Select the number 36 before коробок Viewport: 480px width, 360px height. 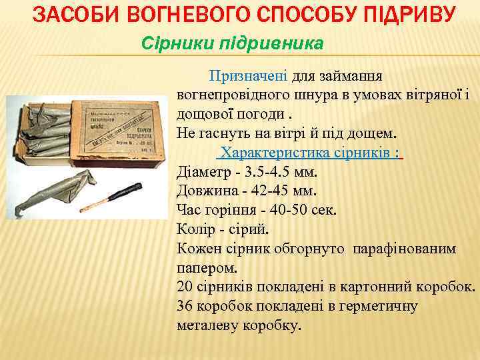point(185,306)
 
